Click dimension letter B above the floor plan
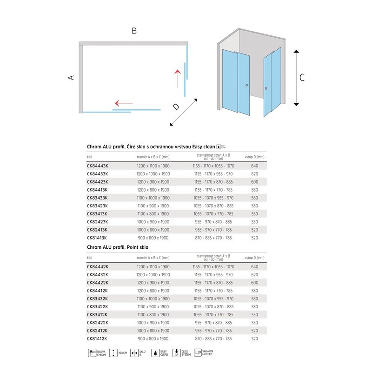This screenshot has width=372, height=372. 134,31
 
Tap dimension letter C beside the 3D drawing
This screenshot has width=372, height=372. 302,78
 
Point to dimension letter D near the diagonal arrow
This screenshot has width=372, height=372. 175,106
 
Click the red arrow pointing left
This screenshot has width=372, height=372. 124,103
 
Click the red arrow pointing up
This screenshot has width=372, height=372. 177,78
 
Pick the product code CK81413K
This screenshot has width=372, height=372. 97,238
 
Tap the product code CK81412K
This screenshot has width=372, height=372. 97,339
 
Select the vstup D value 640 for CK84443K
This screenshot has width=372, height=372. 254,166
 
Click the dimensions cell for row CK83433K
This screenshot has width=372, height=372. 153,198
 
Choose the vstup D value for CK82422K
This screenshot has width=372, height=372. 254,322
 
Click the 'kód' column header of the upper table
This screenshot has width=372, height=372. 90,157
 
